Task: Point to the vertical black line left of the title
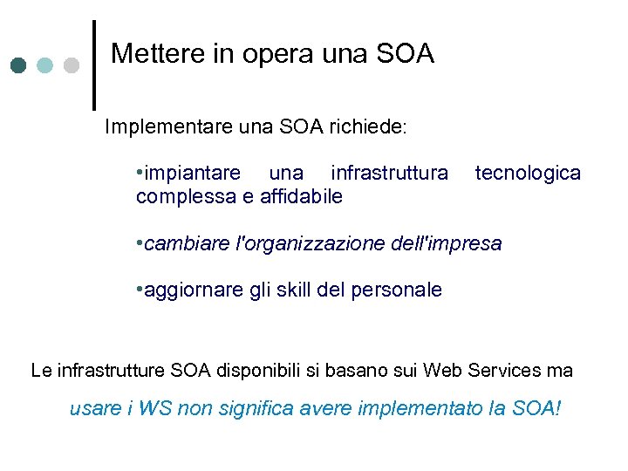point(94,65)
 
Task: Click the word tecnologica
point(528,173)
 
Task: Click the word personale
point(396,290)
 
